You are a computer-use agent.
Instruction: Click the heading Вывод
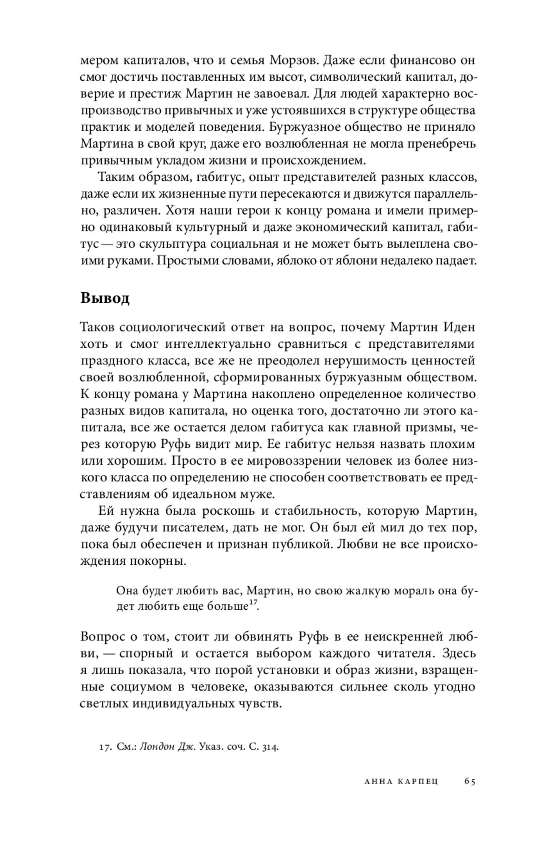[x=105, y=298]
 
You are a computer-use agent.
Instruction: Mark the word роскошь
[x=227, y=511]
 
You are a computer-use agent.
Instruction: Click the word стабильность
[x=316, y=511]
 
